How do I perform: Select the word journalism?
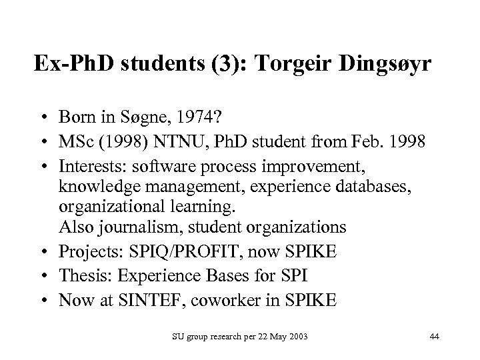point(143,227)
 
